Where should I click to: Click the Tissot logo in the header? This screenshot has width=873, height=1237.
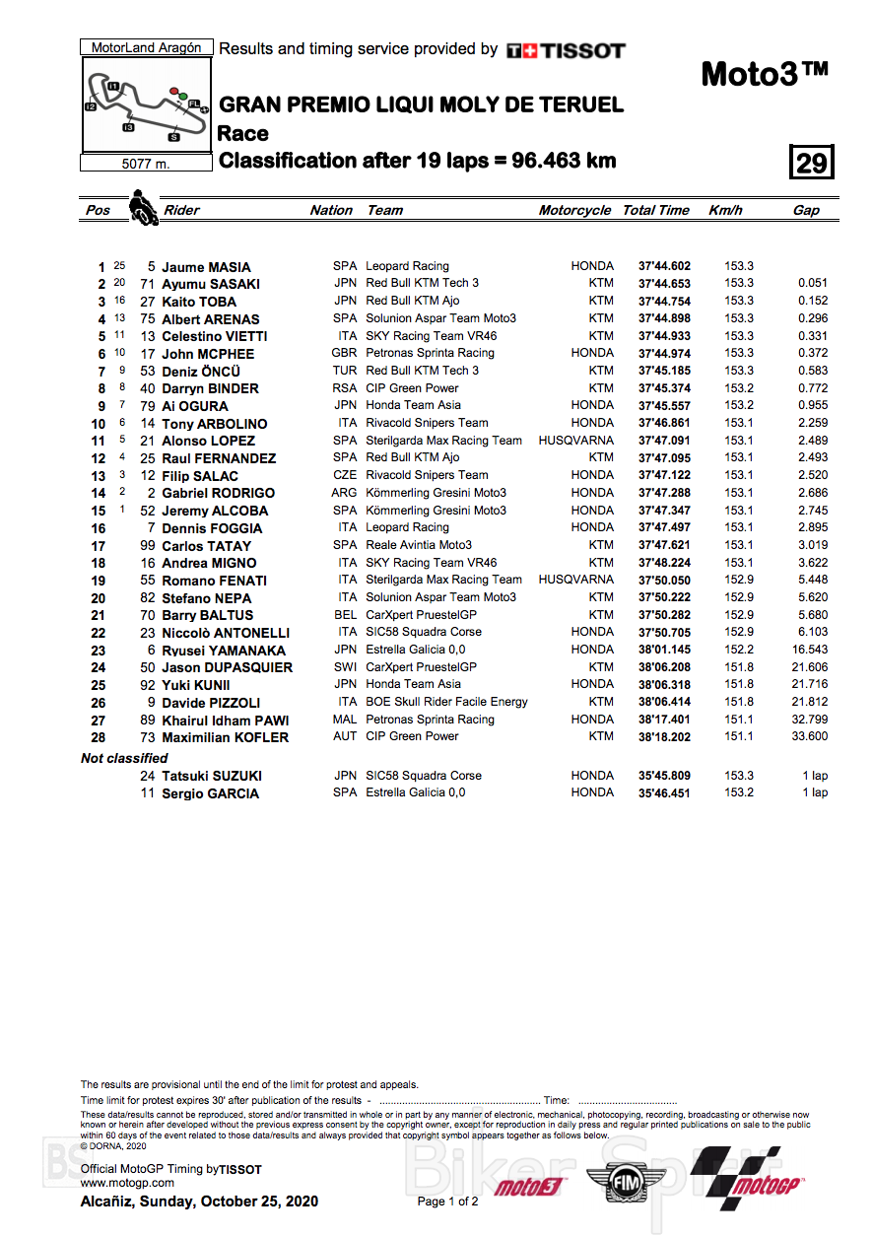point(566,50)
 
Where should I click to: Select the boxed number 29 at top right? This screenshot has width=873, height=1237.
point(812,162)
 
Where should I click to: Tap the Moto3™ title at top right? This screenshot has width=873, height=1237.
point(764,74)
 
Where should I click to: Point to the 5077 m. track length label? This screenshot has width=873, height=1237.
point(146,165)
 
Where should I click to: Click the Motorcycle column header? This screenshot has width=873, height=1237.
point(574,210)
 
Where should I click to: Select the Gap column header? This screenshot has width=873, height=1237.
point(806,210)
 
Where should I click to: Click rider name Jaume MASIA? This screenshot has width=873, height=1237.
point(206,267)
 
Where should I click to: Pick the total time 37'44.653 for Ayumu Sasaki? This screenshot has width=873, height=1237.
point(664,284)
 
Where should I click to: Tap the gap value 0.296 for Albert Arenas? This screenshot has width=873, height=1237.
point(813,318)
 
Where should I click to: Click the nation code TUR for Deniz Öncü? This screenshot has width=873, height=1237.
point(345,371)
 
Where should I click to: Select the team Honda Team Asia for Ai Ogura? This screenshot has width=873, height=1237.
point(413,405)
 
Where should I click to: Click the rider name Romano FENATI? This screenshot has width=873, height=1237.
point(214,581)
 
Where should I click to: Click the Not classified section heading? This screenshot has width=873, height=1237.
point(124,758)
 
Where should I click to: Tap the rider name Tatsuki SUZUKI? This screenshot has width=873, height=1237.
point(212,776)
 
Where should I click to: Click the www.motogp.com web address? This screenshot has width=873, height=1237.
point(127,1183)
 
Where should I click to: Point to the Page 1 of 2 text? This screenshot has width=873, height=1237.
point(447,1202)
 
